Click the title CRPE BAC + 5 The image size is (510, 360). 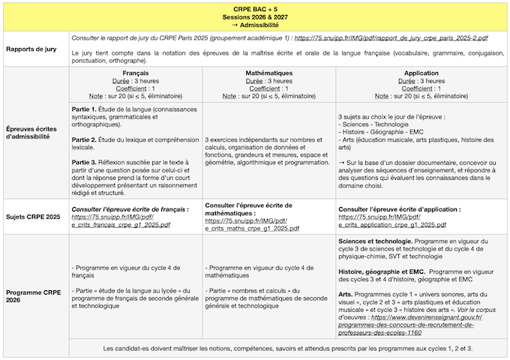pos(255,7)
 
